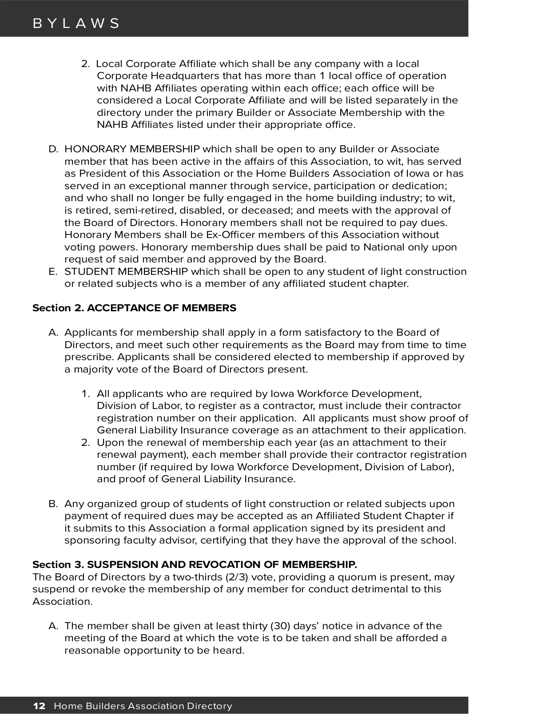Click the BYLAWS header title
point(76,23)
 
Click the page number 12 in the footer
point(39,706)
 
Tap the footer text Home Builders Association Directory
point(143,706)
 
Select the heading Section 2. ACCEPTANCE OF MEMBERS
point(134,308)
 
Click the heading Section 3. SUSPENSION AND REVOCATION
point(195,564)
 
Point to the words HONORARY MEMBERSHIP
point(132,149)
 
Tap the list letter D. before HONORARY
point(53,149)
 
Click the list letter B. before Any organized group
point(53,504)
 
